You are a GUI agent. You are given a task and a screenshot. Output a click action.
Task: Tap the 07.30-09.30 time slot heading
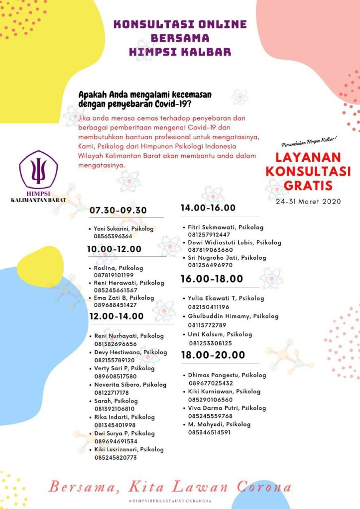pos(118,210)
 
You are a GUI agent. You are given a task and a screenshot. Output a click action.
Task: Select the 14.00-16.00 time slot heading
pos(208,208)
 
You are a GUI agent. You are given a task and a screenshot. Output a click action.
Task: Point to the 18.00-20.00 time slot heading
pos(213,355)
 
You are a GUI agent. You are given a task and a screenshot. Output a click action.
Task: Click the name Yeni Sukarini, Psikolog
pos(124,228)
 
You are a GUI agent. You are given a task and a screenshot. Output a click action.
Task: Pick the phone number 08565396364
pos(113,236)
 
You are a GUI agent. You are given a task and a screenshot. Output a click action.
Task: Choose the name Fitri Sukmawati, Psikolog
pos(226,227)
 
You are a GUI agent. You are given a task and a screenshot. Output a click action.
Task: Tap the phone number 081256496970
pos(210,266)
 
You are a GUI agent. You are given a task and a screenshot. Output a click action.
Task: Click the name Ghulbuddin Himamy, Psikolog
pos(233,316)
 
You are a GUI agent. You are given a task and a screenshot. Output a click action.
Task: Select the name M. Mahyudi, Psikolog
pos(219,424)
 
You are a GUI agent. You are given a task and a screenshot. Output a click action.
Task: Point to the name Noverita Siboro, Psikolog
pos(130,385)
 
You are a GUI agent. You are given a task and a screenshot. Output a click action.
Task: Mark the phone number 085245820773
pos(116,458)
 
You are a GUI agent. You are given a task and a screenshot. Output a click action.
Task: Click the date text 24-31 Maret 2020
pos(308,202)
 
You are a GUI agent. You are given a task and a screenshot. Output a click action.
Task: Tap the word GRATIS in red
pos(308,186)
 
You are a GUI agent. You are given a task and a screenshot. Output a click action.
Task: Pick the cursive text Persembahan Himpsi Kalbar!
pos(309,144)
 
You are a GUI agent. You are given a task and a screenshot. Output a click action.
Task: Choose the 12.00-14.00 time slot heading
pos(117,316)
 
